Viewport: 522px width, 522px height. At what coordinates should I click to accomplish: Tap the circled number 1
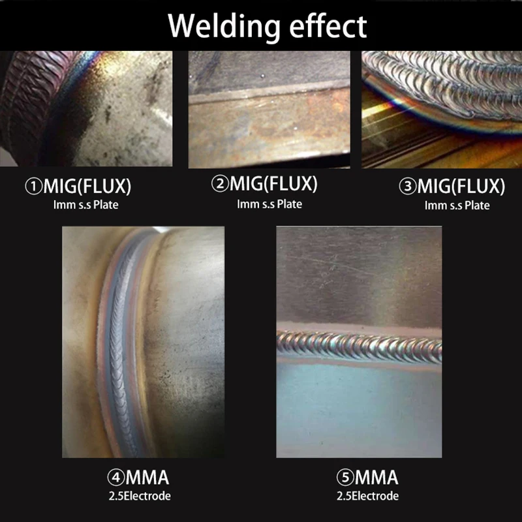33,187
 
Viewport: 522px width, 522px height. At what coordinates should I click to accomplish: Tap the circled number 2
219,185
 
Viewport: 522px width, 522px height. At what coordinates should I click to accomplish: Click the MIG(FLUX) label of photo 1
87,187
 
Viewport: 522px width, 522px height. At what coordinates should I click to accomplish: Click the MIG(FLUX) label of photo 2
273,185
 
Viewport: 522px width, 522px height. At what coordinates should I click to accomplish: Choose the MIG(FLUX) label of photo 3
461,187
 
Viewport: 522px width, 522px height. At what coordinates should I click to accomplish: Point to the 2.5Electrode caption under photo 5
367,496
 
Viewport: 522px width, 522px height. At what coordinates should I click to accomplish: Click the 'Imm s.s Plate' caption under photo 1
86,205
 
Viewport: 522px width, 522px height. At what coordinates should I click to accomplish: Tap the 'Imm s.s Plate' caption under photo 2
269,204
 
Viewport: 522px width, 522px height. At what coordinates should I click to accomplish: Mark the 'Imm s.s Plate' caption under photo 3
457,205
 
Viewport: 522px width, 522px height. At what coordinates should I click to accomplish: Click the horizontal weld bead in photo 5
359,343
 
